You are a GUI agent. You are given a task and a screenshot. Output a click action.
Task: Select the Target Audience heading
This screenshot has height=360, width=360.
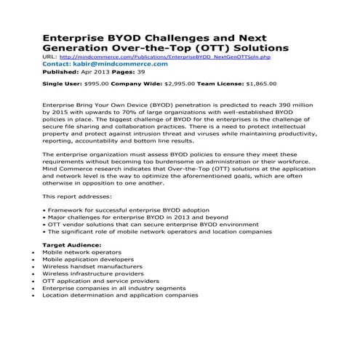click(x=75, y=247)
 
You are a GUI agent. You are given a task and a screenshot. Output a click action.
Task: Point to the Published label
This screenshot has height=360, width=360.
click(x=58, y=73)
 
